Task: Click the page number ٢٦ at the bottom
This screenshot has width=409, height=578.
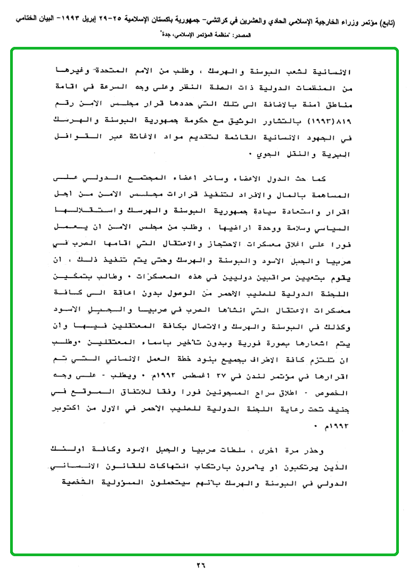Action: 204,566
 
